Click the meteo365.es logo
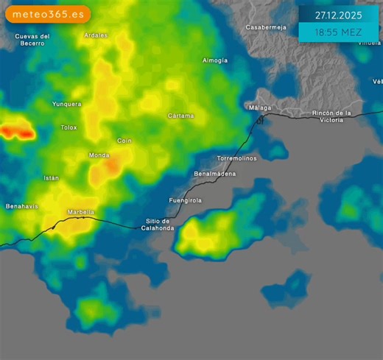pyautogui.click(x=48, y=14)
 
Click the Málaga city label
pyautogui.click(x=259, y=107)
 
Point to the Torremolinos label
pyautogui.click(x=237, y=158)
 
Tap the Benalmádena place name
pyautogui.click(x=215, y=174)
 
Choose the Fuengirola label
pyautogui.click(x=185, y=200)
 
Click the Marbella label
pyautogui.click(x=81, y=212)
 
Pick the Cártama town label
pyautogui.click(x=180, y=116)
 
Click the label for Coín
pyautogui.click(x=124, y=140)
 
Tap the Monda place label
pyautogui.click(x=99, y=155)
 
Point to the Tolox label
pyautogui.click(x=68, y=127)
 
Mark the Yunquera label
pyautogui.click(x=66, y=104)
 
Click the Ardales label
pyautogui.click(x=96, y=35)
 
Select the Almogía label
pyautogui.click(x=215, y=60)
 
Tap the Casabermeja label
pyautogui.click(x=265, y=27)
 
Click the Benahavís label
pyautogui.click(x=21, y=206)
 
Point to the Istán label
pyautogui.click(x=51, y=178)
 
